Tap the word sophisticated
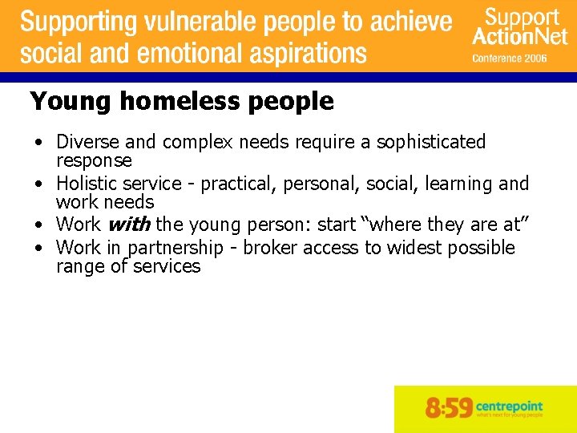click(x=431, y=142)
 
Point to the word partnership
click(x=176, y=248)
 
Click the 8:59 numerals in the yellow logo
click(x=449, y=409)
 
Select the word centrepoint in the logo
click(x=509, y=405)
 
